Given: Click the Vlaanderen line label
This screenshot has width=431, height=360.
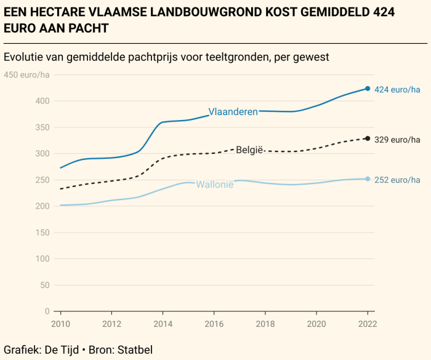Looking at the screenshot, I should pos(233,112).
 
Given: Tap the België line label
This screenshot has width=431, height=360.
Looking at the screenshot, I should pos(250,150).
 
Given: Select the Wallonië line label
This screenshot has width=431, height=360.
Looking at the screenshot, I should pos(215,184).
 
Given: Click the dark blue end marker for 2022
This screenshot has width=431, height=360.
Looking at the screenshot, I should pos(368,89).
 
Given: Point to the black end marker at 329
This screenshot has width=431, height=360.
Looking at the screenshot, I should pos(368,138).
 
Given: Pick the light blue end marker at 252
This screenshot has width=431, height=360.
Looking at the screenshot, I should pos(368,179).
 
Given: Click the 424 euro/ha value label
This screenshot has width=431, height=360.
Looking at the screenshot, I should pos(397,90).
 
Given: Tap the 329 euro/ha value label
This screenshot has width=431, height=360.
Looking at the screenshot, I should pos(397,140).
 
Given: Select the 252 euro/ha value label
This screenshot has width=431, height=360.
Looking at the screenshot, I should pos(397,180).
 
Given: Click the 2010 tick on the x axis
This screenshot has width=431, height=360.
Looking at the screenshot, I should pos(60,323).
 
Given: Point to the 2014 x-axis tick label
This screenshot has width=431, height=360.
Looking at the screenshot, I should pos(163,323).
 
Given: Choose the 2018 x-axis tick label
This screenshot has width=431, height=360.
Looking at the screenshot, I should pos(265,323).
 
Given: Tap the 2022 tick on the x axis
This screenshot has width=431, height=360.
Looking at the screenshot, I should pos(368,323).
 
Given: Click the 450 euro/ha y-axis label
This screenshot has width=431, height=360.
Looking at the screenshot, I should pos(27,75).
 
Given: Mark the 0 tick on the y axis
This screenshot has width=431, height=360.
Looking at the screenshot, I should pos(46,311).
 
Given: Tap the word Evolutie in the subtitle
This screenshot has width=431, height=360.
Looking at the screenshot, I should pos(23,57).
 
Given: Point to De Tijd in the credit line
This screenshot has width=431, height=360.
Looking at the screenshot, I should pos(60,350).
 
